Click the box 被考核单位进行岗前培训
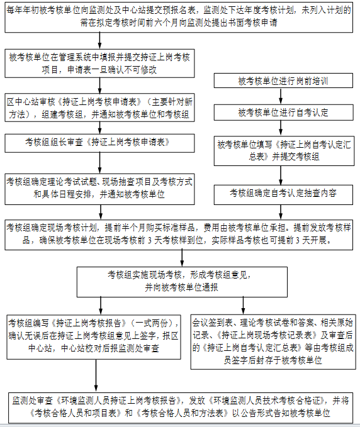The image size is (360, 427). (283, 80)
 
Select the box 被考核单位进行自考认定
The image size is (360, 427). (283, 113)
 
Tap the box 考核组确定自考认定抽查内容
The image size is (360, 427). (283, 194)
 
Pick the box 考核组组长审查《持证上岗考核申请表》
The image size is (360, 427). (99, 143)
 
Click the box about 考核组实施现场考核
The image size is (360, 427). (182, 282)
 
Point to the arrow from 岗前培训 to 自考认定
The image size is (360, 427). (281, 96)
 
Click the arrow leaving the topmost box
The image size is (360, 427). (99, 41)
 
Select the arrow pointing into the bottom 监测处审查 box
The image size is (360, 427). (96, 376)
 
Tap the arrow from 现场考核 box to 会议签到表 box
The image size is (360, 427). (243, 306)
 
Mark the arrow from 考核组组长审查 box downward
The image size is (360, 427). (99, 163)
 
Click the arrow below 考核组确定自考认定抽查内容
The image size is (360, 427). (281, 212)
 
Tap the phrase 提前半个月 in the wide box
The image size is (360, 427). (125, 228)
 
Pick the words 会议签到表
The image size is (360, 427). (213, 323)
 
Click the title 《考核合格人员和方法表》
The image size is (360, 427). (182, 413)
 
